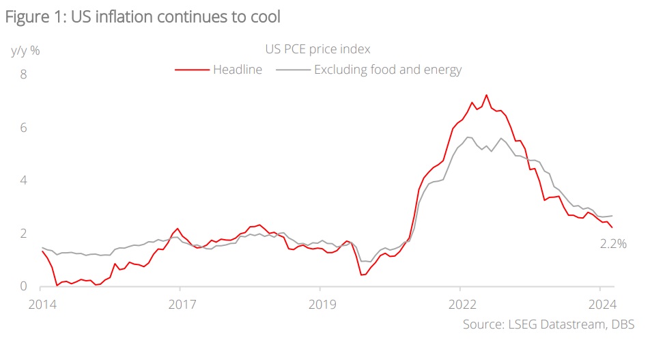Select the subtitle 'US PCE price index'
317,49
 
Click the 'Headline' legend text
238,70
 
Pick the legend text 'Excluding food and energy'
388,70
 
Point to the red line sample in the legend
192,70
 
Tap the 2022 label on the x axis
459,305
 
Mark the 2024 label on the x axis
599,305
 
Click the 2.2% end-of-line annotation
613,244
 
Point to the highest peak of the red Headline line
486,95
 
